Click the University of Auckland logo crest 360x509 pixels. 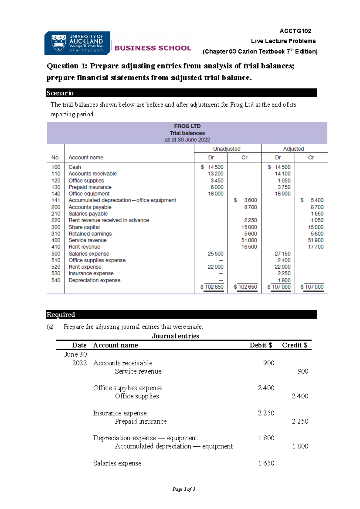tap(58, 43)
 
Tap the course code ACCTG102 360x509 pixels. tap(295, 31)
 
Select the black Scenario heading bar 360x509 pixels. tap(181, 93)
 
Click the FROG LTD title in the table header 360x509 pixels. tap(187, 126)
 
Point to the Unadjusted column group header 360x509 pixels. tap(227, 149)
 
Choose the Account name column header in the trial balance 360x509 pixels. tap(86, 157)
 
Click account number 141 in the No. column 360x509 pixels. tap(56, 200)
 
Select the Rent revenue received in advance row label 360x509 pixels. tap(109, 220)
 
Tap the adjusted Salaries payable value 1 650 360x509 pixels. tap(317, 214)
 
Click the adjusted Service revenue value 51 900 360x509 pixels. tap(316, 240)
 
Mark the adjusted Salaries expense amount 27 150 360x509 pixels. tap(282, 254)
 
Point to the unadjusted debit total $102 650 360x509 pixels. tap(212, 287)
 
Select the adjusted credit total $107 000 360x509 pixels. tap(312, 287)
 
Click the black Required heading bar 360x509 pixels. tap(181, 314)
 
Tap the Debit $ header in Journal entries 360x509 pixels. tap(261, 345)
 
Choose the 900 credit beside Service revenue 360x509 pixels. tap(303, 371)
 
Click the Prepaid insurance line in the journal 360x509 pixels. tap(141, 421)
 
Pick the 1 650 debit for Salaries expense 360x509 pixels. tap(266, 463)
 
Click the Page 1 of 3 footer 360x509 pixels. tap(184, 489)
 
